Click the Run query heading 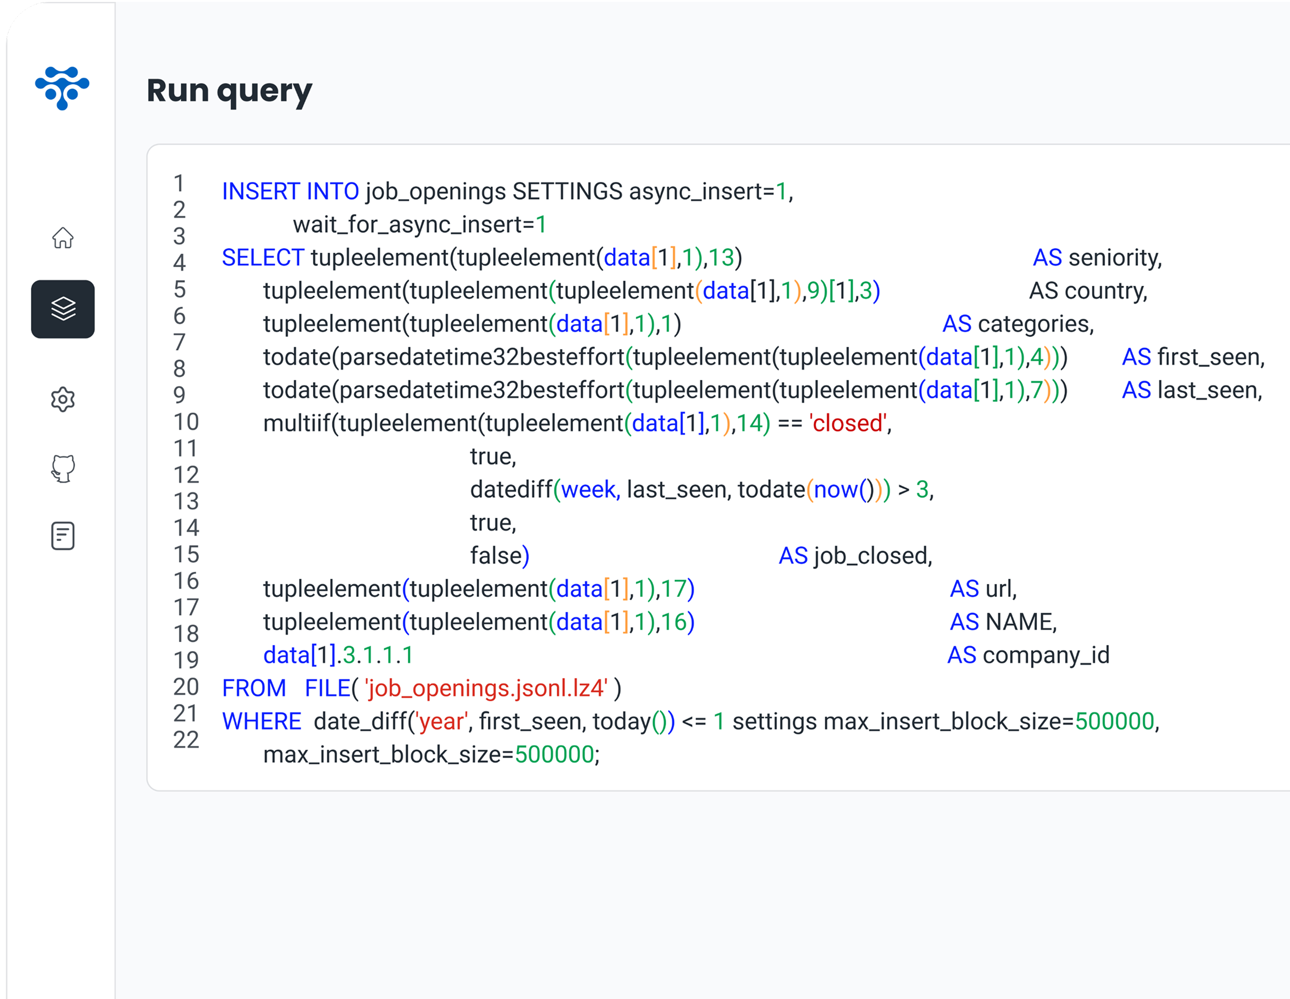229,92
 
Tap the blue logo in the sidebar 62,87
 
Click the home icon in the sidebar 63,238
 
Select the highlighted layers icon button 63,309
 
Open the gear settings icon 63,400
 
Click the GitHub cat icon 63,469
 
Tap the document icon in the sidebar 63,536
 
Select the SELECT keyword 262,257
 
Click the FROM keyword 254,688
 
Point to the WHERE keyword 261,721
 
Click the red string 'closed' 847,423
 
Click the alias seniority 1114,257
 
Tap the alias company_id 1046,655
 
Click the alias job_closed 872,556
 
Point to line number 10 186,422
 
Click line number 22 186,740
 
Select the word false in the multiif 496,556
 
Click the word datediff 511,490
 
